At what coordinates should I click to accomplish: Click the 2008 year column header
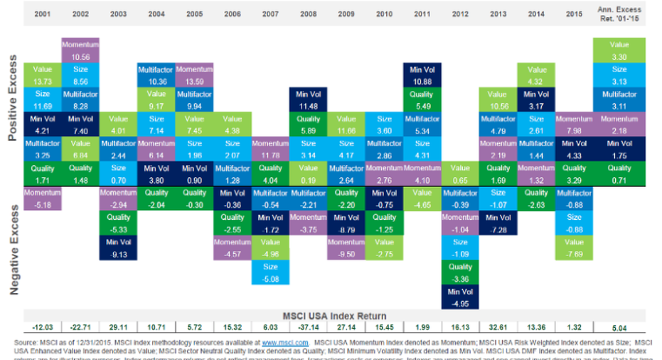[x=309, y=14]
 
